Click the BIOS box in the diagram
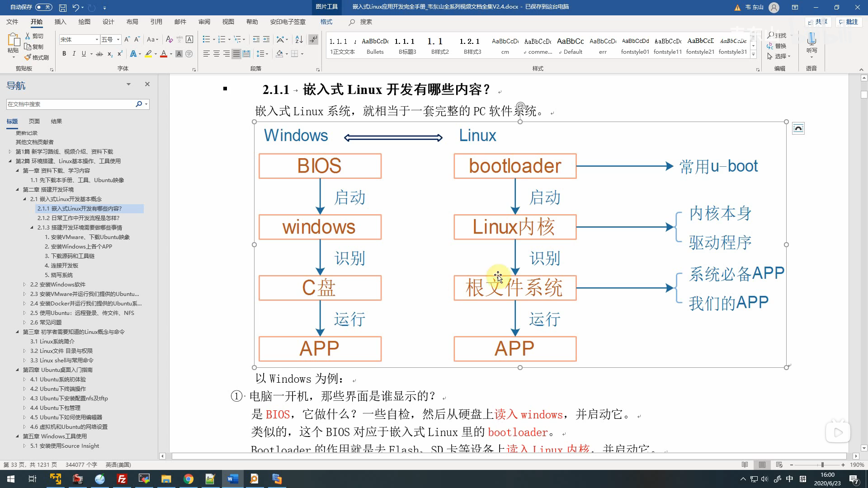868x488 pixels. [x=320, y=166]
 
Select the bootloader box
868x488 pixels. [x=515, y=166]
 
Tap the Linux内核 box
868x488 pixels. [x=515, y=227]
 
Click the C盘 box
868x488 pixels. [x=320, y=288]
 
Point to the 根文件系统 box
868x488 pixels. [x=515, y=288]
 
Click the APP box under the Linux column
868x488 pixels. [x=515, y=349]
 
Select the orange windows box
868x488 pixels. [x=320, y=227]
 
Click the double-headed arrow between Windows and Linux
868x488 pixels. [x=393, y=138]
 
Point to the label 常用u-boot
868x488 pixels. [x=719, y=166]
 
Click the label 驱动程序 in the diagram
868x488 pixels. [x=720, y=243]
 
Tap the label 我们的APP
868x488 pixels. [x=729, y=303]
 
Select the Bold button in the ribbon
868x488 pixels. [x=64, y=54]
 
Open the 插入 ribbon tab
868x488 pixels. [x=60, y=22]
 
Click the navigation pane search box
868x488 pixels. [x=70, y=104]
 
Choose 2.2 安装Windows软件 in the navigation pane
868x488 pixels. [x=58, y=285]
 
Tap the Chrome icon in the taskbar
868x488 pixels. [x=189, y=479]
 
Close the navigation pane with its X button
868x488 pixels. [x=147, y=84]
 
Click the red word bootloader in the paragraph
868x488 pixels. [x=518, y=432]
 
